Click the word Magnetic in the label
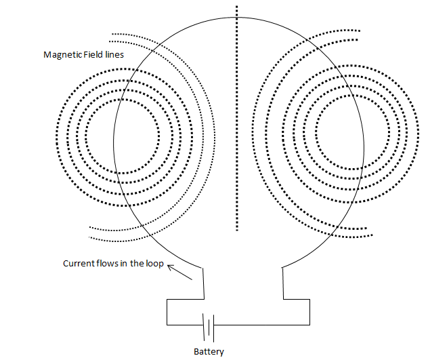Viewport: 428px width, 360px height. (x=61, y=54)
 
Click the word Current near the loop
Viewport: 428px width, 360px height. (x=79, y=264)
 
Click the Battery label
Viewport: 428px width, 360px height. (x=208, y=351)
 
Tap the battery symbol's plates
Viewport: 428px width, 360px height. (x=209, y=327)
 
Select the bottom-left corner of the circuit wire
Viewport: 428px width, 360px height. (x=167, y=324)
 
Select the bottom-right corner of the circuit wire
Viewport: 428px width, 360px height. (x=309, y=324)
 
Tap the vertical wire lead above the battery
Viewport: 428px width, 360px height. (x=203, y=282)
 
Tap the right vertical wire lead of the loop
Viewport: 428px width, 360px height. (x=282, y=282)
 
